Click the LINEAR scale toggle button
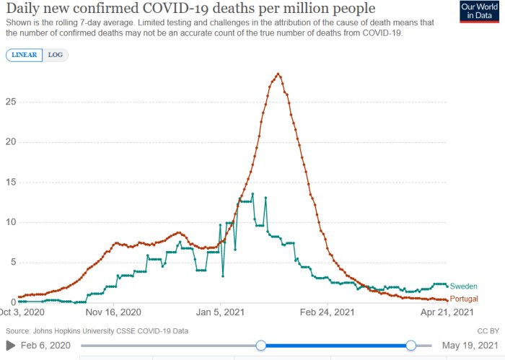pos(24,55)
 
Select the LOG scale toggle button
pos(56,55)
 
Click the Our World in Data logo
pos(479,12)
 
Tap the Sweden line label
pos(463,286)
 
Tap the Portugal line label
pos(464,299)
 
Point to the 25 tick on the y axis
pos(11,102)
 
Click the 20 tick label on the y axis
pos(11,141)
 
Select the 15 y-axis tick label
pos(11,182)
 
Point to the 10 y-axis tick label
pos(11,222)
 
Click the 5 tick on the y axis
pos(13,262)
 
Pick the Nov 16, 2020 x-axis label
pos(113,312)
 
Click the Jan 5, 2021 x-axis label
pos(220,312)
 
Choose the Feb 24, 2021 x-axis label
pos(328,312)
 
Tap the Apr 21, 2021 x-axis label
pos(447,312)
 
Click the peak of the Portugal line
pos(278,74)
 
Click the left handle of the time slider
pos(261,346)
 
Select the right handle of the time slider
pos(411,346)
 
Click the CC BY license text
pos(488,331)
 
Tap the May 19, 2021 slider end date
pos(470,346)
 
